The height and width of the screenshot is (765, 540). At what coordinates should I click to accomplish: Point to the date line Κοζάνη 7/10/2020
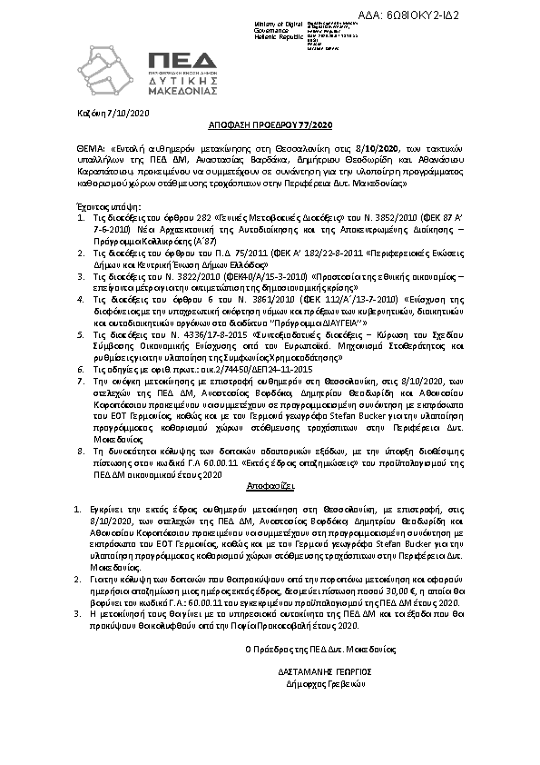pos(103,112)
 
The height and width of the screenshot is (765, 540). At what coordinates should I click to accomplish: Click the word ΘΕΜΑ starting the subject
pos(87,146)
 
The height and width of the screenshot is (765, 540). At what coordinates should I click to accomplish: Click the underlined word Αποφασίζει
pos(270,487)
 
